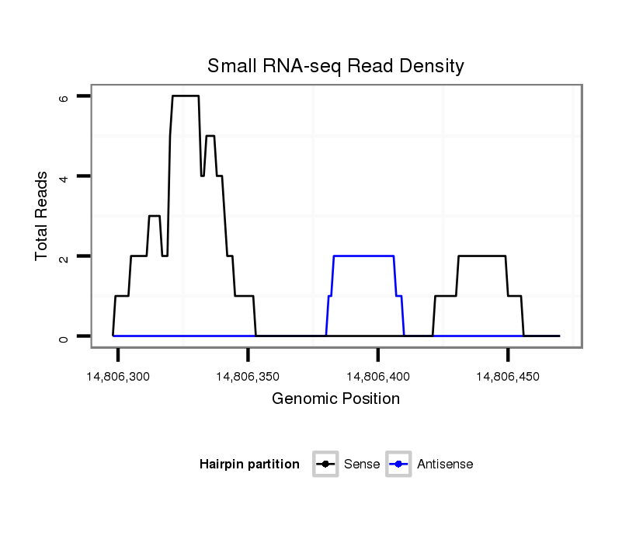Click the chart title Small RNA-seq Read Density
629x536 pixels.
pos(335,66)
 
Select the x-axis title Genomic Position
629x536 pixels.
pos(335,399)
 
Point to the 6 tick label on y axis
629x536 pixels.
pos(64,97)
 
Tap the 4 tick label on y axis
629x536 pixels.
pos(64,177)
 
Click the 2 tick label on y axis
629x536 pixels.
pos(64,256)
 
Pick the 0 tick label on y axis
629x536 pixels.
pos(64,336)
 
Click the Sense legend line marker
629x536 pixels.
pos(325,465)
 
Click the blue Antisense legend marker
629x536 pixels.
pos(398,465)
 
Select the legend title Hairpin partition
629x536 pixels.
pos(249,465)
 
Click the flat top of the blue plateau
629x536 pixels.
pos(363,256)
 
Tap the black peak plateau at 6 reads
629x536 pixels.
pos(186,96)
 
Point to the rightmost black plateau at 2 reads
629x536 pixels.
pos(482,256)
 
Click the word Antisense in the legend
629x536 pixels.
pos(445,465)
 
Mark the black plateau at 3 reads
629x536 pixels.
pos(155,216)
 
